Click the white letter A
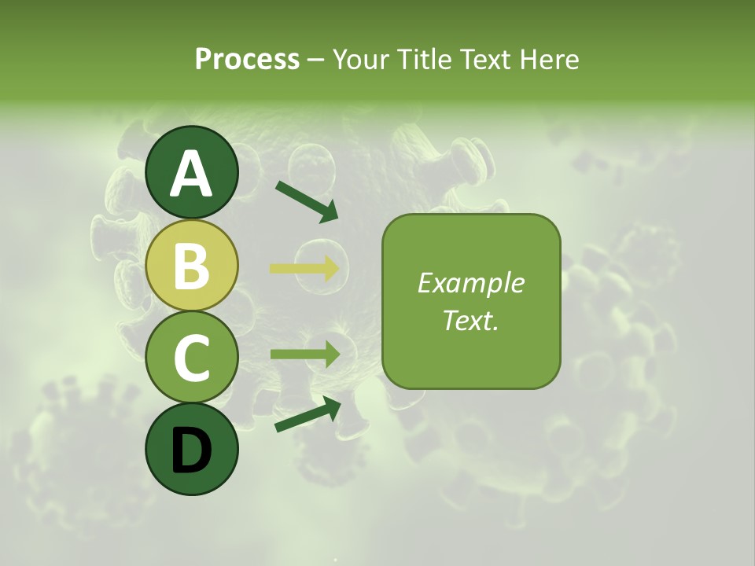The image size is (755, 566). pyautogui.click(x=191, y=174)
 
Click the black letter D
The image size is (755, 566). pyautogui.click(x=191, y=450)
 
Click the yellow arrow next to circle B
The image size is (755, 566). pyautogui.click(x=305, y=269)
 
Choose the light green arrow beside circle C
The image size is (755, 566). pyautogui.click(x=305, y=355)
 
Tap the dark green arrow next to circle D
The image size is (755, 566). pyautogui.click(x=308, y=414)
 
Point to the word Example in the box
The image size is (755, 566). pyautogui.click(x=471, y=284)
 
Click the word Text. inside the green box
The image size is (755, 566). pyautogui.click(x=471, y=320)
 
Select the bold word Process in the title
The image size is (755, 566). pyautogui.click(x=247, y=59)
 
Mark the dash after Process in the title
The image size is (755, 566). pyautogui.click(x=316, y=60)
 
